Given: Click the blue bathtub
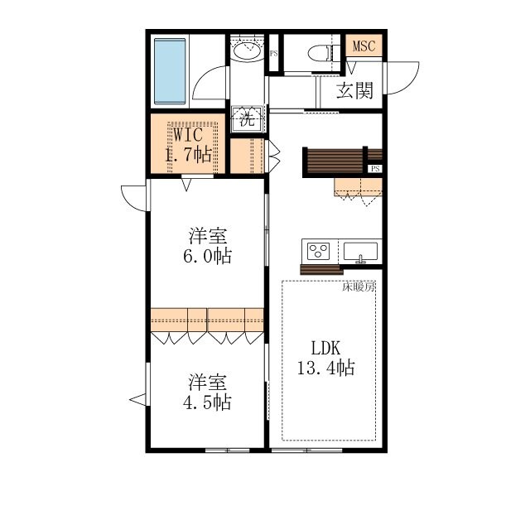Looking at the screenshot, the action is point(170,71).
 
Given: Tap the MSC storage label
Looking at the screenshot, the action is point(364,46).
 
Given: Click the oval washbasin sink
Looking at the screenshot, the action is point(247,51).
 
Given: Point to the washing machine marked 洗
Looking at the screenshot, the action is point(247,118).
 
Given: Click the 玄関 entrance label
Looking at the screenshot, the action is point(354,90).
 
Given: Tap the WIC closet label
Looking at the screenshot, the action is point(188,134).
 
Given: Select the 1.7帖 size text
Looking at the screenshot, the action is point(188,155).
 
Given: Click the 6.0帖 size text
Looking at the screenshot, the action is point(207,256).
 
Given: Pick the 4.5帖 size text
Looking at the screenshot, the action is point(207,402).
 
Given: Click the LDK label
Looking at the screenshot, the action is point(325,348).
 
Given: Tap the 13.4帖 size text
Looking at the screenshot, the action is point(325,368).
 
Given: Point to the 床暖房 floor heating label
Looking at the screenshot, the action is point(359,287).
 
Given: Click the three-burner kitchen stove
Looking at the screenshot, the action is point(318,251).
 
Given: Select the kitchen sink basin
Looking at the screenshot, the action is point(360,251).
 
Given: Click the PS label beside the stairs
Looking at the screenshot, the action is point(375,168).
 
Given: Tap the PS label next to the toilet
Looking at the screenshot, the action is point(273,53).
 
